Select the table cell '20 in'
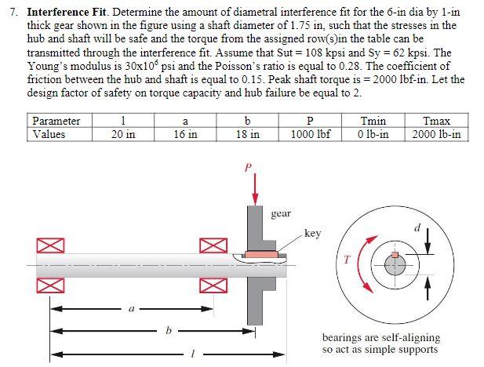(x=122, y=134)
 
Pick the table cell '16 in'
(x=184, y=134)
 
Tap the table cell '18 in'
(x=248, y=134)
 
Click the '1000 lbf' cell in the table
(x=311, y=134)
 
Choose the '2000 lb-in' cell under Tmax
(x=436, y=134)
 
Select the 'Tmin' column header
(x=373, y=121)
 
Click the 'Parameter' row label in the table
(x=56, y=121)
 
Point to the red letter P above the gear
(x=249, y=167)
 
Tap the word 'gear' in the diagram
(x=281, y=213)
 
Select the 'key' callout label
(x=312, y=233)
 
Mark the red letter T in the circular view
(x=342, y=261)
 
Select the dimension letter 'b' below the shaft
(x=166, y=330)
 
